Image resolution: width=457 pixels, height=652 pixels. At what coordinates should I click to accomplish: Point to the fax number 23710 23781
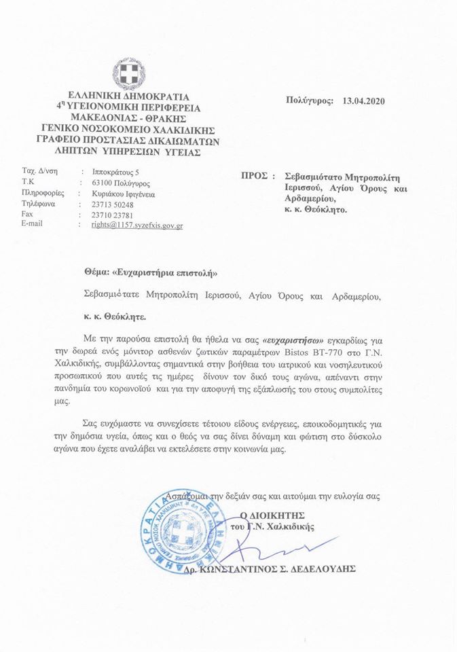[x=114, y=213]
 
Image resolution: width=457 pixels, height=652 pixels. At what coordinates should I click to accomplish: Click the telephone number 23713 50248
[x=113, y=203]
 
